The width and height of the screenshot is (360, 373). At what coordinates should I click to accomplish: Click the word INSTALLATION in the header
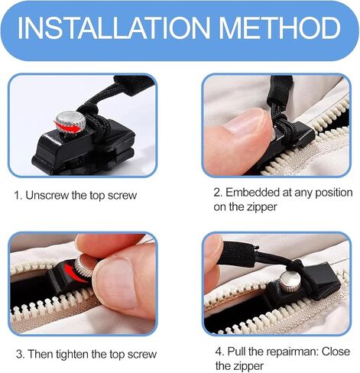click(114, 28)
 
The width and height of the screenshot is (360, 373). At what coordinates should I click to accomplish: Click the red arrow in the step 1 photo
click(67, 127)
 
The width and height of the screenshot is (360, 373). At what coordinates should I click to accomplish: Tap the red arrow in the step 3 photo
click(74, 273)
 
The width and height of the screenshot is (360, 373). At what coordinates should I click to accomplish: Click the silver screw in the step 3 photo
click(86, 268)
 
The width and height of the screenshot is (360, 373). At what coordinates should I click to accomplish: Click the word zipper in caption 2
click(261, 207)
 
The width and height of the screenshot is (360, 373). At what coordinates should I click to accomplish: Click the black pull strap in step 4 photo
click(236, 254)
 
